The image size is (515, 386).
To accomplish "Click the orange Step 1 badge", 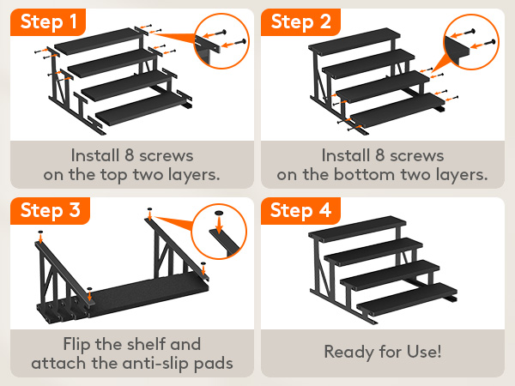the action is (48, 22).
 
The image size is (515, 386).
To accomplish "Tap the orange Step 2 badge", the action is (300, 22).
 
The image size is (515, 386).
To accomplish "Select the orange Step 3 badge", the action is (50, 211).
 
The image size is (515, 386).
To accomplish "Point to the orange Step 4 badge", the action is (300, 211).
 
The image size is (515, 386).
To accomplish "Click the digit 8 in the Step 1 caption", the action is (129, 155).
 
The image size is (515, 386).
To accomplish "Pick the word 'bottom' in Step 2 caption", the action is (364, 175).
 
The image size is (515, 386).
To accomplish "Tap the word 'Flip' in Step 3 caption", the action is (77, 344).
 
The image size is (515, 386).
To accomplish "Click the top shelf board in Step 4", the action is (357, 228).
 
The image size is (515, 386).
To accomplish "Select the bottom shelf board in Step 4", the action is (407, 301).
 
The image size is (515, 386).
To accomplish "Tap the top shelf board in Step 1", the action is (98, 41).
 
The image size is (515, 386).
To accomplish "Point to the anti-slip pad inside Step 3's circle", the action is (219, 213).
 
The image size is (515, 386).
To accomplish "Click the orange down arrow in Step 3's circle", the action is (219, 225).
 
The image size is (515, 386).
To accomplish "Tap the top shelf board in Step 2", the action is (354, 41).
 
